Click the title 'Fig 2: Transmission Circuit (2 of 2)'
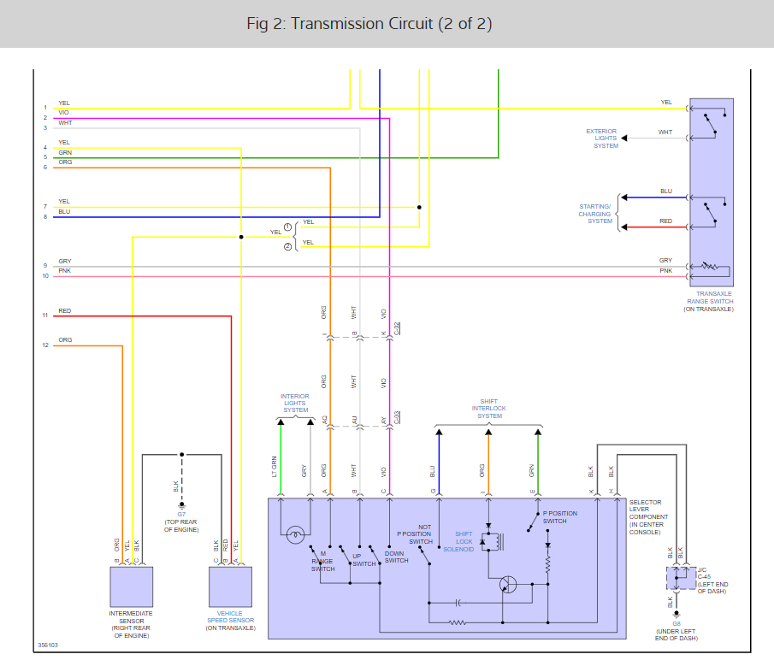[x=369, y=23]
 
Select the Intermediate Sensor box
[x=132, y=586]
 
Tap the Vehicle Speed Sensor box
[x=231, y=586]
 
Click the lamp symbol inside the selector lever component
[x=294, y=536]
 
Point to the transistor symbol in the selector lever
[x=508, y=585]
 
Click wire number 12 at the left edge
[x=46, y=345]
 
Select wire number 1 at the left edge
[x=46, y=108]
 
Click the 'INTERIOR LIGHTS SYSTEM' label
[x=295, y=404]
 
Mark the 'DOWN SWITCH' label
[x=396, y=557]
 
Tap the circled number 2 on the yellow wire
[x=287, y=246]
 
